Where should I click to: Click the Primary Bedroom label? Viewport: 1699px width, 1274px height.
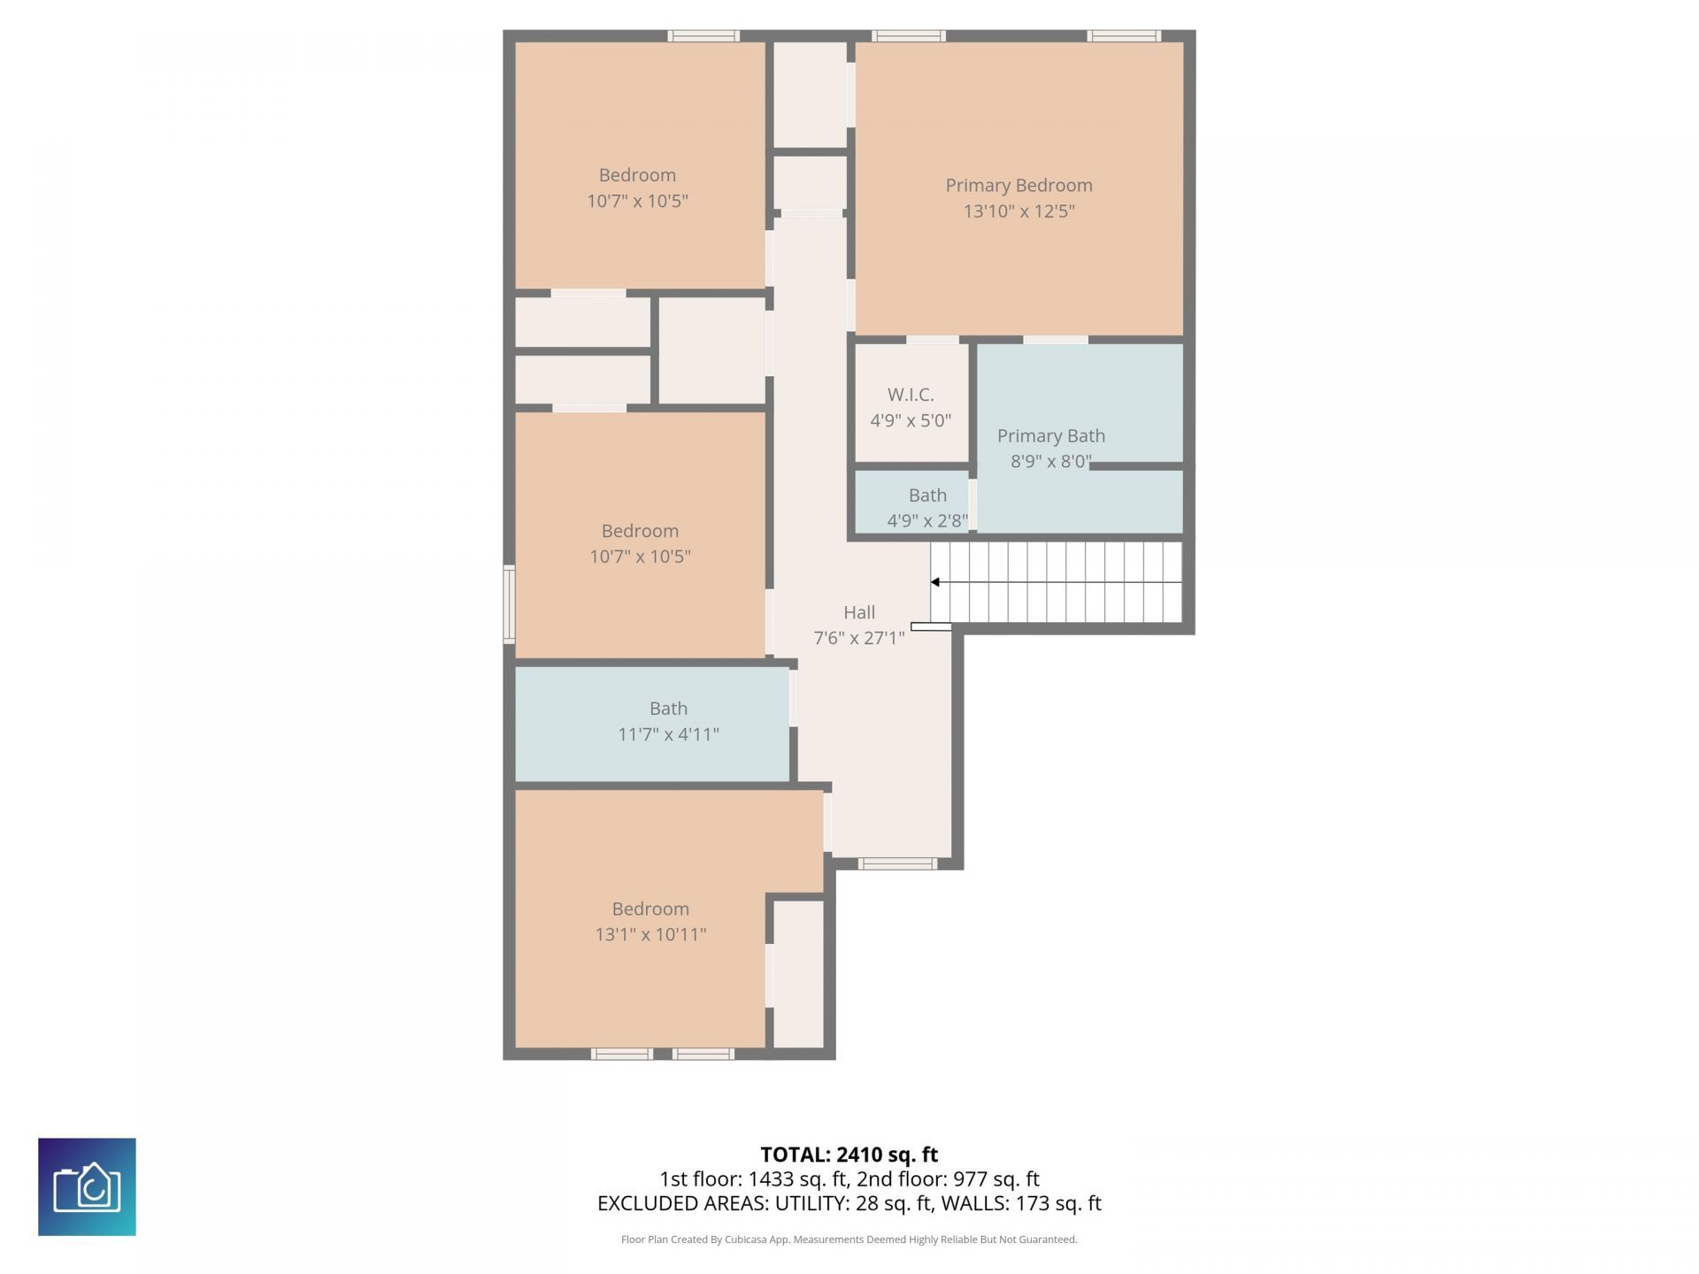point(1019,186)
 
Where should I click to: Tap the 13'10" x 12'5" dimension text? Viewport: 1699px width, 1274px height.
point(1019,211)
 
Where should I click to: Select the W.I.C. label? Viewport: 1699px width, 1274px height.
point(911,395)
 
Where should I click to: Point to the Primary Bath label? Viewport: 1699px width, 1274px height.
point(1051,436)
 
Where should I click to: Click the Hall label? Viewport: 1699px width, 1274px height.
point(859,612)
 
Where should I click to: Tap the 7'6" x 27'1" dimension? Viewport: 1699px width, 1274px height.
point(859,638)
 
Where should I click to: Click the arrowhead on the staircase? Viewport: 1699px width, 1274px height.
point(934,582)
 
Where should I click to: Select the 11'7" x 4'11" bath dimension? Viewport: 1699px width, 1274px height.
point(668,734)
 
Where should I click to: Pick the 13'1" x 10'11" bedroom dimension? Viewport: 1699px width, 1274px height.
point(650,934)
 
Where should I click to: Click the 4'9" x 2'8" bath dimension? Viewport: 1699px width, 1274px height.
point(927,521)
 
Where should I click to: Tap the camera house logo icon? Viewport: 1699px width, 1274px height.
point(87,1186)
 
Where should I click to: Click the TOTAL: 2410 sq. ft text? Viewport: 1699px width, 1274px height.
point(849,1155)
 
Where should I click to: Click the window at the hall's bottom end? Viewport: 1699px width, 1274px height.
point(897,863)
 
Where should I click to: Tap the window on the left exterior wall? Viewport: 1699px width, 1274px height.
point(509,604)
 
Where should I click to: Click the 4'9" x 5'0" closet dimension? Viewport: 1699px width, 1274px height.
point(911,420)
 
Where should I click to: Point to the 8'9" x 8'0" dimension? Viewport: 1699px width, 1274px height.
point(1051,462)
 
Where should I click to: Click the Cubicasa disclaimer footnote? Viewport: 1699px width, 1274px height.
point(849,1239)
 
